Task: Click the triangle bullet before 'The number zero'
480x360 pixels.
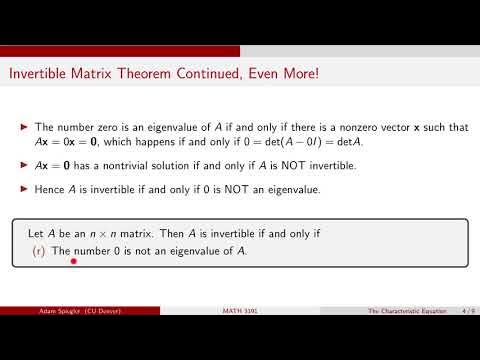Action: (25, 127)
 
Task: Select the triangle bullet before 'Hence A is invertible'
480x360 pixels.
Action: (25, 189)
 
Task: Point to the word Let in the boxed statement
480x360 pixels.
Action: (36, 232)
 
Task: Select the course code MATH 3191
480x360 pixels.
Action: (240, 313)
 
